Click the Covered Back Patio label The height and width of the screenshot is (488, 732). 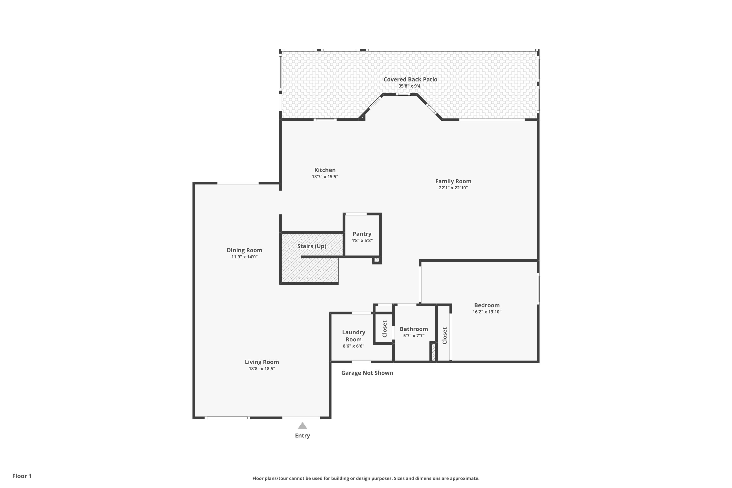[x=410, y=79]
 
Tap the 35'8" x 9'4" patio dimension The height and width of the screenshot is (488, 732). [x=410, y=86]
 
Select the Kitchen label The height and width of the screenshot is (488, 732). [x=325, y=170]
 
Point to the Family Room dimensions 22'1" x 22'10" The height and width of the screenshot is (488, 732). [x=453, y=188]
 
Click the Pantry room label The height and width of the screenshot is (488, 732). [x=362, y=234]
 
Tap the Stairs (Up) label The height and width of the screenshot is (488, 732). [x=312, y=246]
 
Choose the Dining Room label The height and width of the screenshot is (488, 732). [x=244, y=250]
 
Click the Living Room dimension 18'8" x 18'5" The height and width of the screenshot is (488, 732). [x=262, y=368]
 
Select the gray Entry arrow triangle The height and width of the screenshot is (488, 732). [x=302, y=426]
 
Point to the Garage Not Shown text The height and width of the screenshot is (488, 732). [x=367, y=373]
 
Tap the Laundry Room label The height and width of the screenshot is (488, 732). [x=354, y=336]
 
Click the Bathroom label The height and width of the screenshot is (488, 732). [x=414, y=329]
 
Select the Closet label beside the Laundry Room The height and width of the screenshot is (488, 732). [x=384, y=329]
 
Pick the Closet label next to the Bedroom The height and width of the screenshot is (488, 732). [x=444, y=335]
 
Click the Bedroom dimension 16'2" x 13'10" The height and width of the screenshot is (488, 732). [x=487, y=312]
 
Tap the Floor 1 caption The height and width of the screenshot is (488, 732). [x=22, y=476]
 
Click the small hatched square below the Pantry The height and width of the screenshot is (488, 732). [x=376, y=260]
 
